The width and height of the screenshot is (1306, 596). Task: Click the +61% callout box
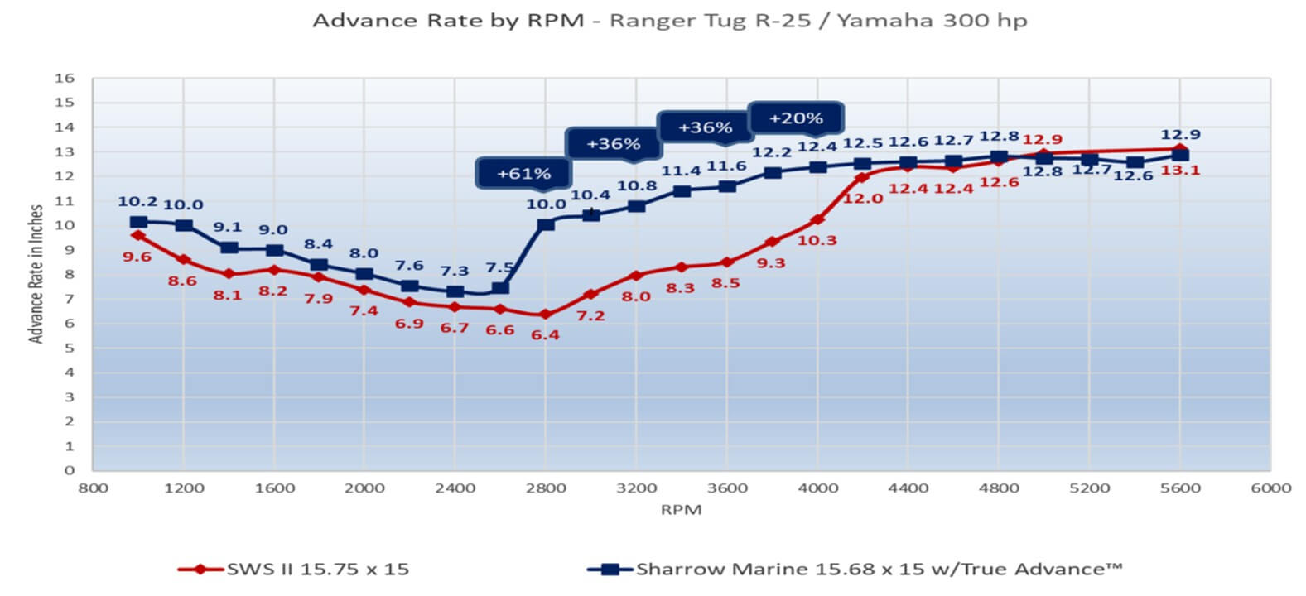coord(523,173)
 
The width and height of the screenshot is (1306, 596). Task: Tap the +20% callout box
coord(795,118)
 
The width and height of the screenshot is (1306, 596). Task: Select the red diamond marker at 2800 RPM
coord(545,315)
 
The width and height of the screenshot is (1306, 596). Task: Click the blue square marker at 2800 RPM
coord(545,224)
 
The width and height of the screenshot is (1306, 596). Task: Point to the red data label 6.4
coord(545,335)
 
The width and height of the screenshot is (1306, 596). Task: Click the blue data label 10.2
coord(137,201)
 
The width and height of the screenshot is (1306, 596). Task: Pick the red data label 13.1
coord(1179,171)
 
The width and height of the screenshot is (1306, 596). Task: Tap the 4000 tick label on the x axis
coord(817,488)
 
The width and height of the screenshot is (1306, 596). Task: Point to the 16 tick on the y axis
coord(65,79)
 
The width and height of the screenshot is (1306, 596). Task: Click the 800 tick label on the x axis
coord(93,488)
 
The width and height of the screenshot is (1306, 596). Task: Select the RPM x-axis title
coord(681,510)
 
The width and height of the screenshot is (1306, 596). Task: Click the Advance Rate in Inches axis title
coord(36,274)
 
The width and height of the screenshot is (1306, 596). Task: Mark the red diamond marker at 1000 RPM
coord(138,236)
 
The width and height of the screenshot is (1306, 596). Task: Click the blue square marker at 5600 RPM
coord(1179,155)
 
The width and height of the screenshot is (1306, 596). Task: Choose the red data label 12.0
coord(863,199)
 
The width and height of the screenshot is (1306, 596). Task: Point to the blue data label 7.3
coord(454,271)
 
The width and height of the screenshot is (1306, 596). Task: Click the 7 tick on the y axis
coord(70,299)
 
